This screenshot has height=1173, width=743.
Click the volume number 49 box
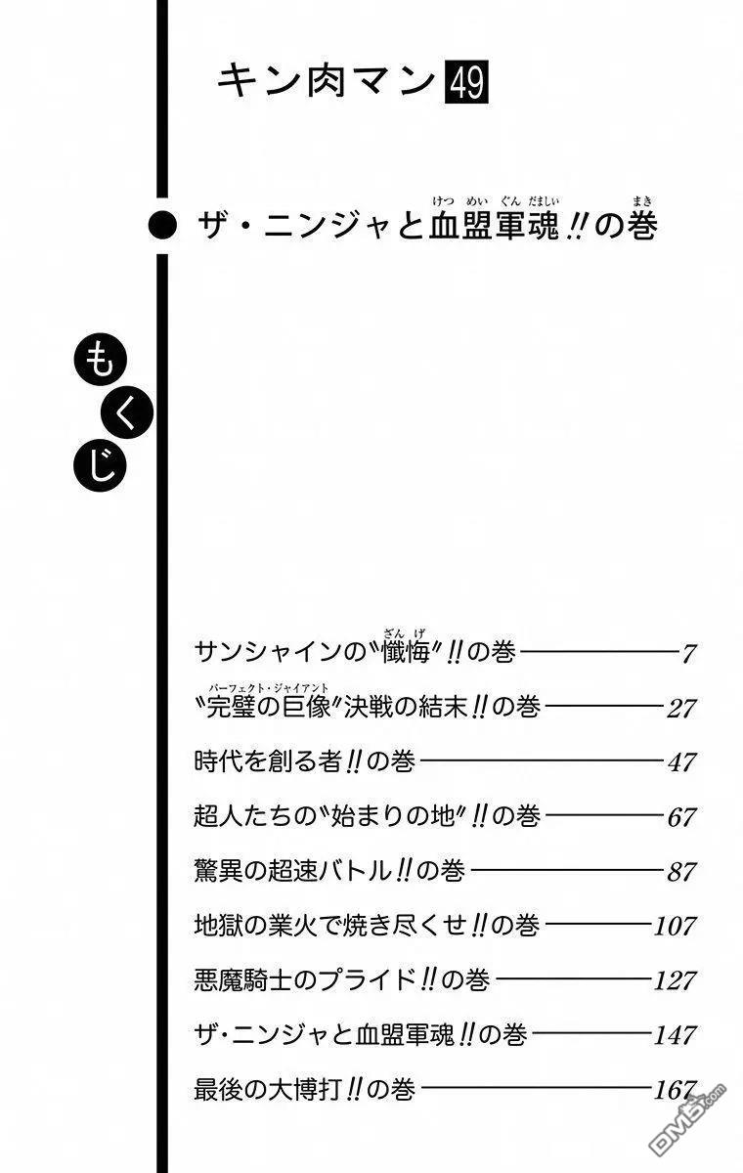coord(466,82)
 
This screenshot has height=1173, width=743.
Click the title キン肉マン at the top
coord(327,82)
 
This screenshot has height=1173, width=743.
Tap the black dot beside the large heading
coord(162,226)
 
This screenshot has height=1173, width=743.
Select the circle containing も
coord(101,362)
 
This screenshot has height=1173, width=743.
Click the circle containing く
coord(127,413)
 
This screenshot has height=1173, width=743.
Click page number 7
coord(688,654)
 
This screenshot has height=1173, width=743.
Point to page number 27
coord(681,709)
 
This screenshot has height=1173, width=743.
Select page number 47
coord(681,762)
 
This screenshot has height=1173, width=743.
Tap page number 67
coord(681,817)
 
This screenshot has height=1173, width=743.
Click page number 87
coord(681,871)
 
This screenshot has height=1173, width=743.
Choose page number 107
coord(676,926)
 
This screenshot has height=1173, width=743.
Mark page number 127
coord(676,980)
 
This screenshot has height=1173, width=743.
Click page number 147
coord(676,1035)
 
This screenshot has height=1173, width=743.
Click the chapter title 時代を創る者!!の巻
coord(304,761)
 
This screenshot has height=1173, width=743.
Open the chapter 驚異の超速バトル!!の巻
coord(329,871)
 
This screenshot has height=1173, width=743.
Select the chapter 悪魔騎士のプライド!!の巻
coord(342,979)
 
